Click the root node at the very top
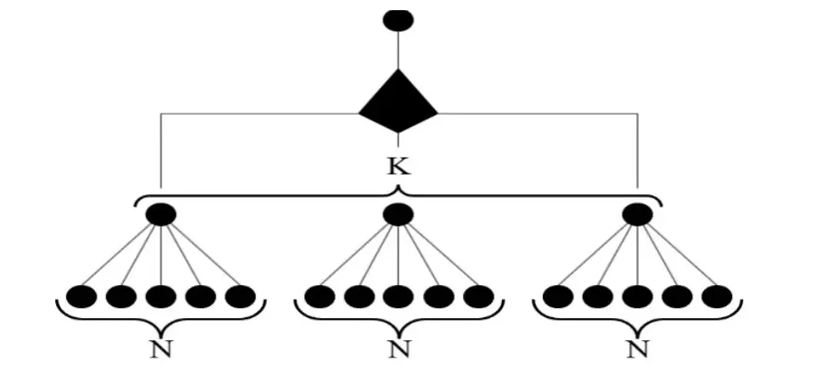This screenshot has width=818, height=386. pos(398,20)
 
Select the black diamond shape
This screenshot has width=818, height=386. pos(398,102)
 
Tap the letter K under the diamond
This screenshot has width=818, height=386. pos(398,165)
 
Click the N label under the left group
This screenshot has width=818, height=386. pos(160,349)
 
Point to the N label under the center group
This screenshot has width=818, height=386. pos(397,349)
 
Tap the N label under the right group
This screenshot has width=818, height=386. pos(635,349)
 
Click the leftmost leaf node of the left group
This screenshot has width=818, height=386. pos(82,296)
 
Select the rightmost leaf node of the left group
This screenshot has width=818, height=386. pos(240,296)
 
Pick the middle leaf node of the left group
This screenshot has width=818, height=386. pos(161,296)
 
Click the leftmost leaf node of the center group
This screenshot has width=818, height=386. pos(319,296)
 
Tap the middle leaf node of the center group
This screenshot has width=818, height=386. pos(398,296)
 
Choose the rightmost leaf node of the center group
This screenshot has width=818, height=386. pos(478,296)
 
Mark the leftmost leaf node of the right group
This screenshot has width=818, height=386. pos(557,296)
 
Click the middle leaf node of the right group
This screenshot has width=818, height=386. pos(637,296)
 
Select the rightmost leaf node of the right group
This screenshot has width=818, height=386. pos(717,296)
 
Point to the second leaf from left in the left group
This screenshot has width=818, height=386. pos(121,296)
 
